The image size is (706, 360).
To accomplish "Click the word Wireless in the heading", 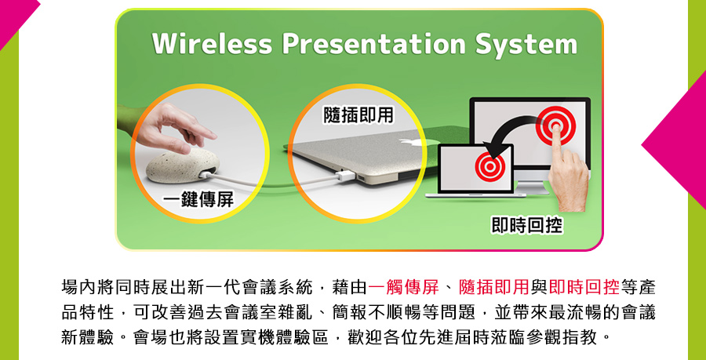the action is [212, 44].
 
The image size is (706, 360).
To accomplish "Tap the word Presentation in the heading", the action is [373, 44].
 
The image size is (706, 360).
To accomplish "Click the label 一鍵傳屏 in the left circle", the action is [198, 200].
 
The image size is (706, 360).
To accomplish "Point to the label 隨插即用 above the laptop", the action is [358, 115].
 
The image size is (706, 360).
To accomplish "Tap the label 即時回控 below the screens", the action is [527, 225].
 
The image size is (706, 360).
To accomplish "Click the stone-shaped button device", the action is [183, 165].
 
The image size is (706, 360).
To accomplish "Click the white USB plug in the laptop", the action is [344, 175].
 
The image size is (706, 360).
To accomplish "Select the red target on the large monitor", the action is [555, 125].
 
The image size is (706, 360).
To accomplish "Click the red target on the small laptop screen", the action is [489, 166].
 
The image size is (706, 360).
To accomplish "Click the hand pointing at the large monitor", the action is [568, 176].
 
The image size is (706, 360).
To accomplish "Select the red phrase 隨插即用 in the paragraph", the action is [493, 286].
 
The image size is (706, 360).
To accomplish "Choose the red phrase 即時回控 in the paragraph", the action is [584, 286].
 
